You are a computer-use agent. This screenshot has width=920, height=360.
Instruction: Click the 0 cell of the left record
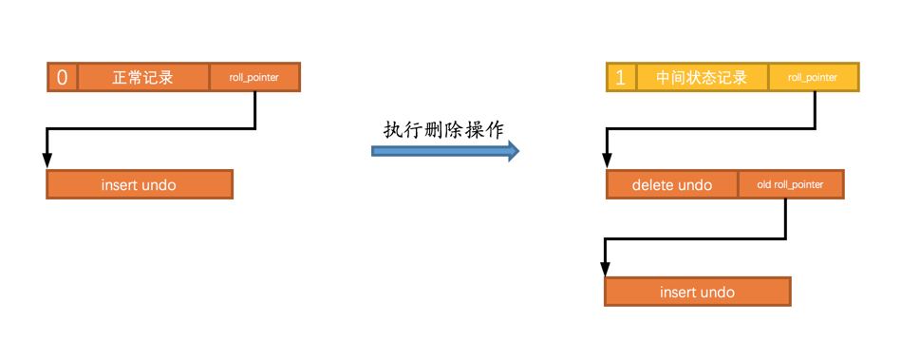tap(63, 77)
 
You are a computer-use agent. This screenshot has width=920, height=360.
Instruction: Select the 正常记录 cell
tap(142, 77)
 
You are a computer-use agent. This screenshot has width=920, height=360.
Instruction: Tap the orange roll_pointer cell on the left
tap(253, 77)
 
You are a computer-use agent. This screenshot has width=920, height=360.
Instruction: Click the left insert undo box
tap(139, 184)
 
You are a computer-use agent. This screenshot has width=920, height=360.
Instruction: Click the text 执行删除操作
tap(443, 130)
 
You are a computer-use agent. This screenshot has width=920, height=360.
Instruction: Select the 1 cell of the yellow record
tap(621, 77)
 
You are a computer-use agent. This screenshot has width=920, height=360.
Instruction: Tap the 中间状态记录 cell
tap(702, 77)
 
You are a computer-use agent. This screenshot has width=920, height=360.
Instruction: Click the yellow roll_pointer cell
tap(813, 77)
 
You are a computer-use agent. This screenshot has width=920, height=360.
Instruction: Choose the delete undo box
tap(672, 184)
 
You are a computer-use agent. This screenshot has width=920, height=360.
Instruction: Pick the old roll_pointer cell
tap(790, 184)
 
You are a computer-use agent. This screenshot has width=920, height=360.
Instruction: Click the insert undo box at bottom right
tap(697, 292)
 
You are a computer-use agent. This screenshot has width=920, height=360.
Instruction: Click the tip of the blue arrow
tap(517, 150)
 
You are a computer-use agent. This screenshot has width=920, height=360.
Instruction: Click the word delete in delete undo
tap(654, 184)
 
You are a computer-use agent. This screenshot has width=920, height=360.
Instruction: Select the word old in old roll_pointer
tap(764, 184)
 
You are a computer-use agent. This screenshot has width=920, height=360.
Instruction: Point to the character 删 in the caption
tap(443, 130)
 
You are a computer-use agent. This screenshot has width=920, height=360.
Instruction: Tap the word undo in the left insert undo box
tap(159, 184)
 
